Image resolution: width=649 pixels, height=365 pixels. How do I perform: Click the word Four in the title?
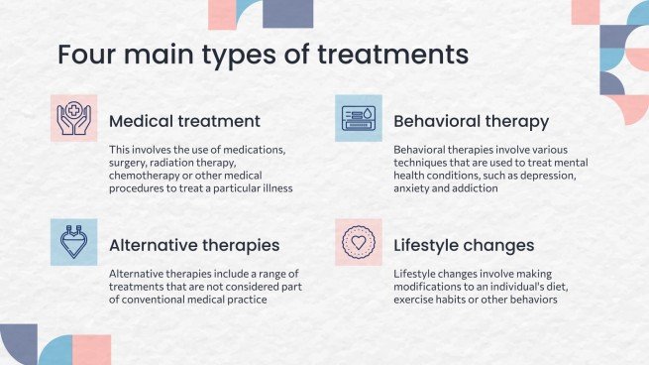(84, 55)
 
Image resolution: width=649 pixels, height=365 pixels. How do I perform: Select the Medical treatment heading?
(184, 121)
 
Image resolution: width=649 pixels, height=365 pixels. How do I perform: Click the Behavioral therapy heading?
(471, 122)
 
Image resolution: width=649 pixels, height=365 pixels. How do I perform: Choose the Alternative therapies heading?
(194, 246)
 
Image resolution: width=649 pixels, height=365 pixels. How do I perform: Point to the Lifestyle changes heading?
(464, 246)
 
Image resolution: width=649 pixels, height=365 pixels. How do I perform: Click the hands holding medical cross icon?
(74, 118)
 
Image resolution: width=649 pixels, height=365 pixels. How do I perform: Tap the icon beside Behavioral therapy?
(359, 118)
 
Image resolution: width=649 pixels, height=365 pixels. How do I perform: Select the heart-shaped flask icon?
(73, 242)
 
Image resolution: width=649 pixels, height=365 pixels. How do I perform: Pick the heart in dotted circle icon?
(359, 242)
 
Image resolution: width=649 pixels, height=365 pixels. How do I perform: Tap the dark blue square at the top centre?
(288, 14)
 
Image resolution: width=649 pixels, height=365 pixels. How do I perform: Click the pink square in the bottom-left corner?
(91, 350)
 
